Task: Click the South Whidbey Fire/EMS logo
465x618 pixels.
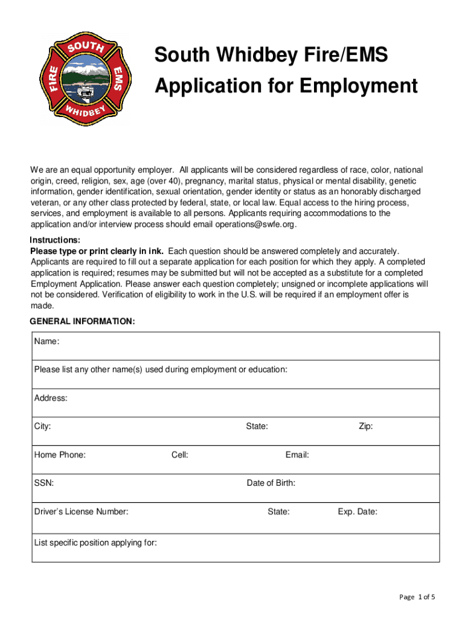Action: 88,78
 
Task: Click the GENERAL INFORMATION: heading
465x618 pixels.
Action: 83,322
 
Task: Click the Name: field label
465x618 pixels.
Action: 46,342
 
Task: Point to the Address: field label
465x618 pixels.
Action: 51,398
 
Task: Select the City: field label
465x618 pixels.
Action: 42,427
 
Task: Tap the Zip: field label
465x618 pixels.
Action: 365,427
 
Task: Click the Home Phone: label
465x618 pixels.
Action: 60,455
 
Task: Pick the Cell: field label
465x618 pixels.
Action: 179,455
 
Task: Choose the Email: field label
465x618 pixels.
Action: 297,455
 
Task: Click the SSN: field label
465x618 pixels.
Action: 44,483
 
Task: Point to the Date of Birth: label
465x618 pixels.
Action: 271,483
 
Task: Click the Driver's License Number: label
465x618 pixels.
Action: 81,512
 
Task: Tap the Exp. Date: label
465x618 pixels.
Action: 358,512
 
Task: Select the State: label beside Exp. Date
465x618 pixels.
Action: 278,512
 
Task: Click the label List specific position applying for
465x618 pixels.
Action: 95,543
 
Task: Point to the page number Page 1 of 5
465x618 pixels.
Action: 417,597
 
